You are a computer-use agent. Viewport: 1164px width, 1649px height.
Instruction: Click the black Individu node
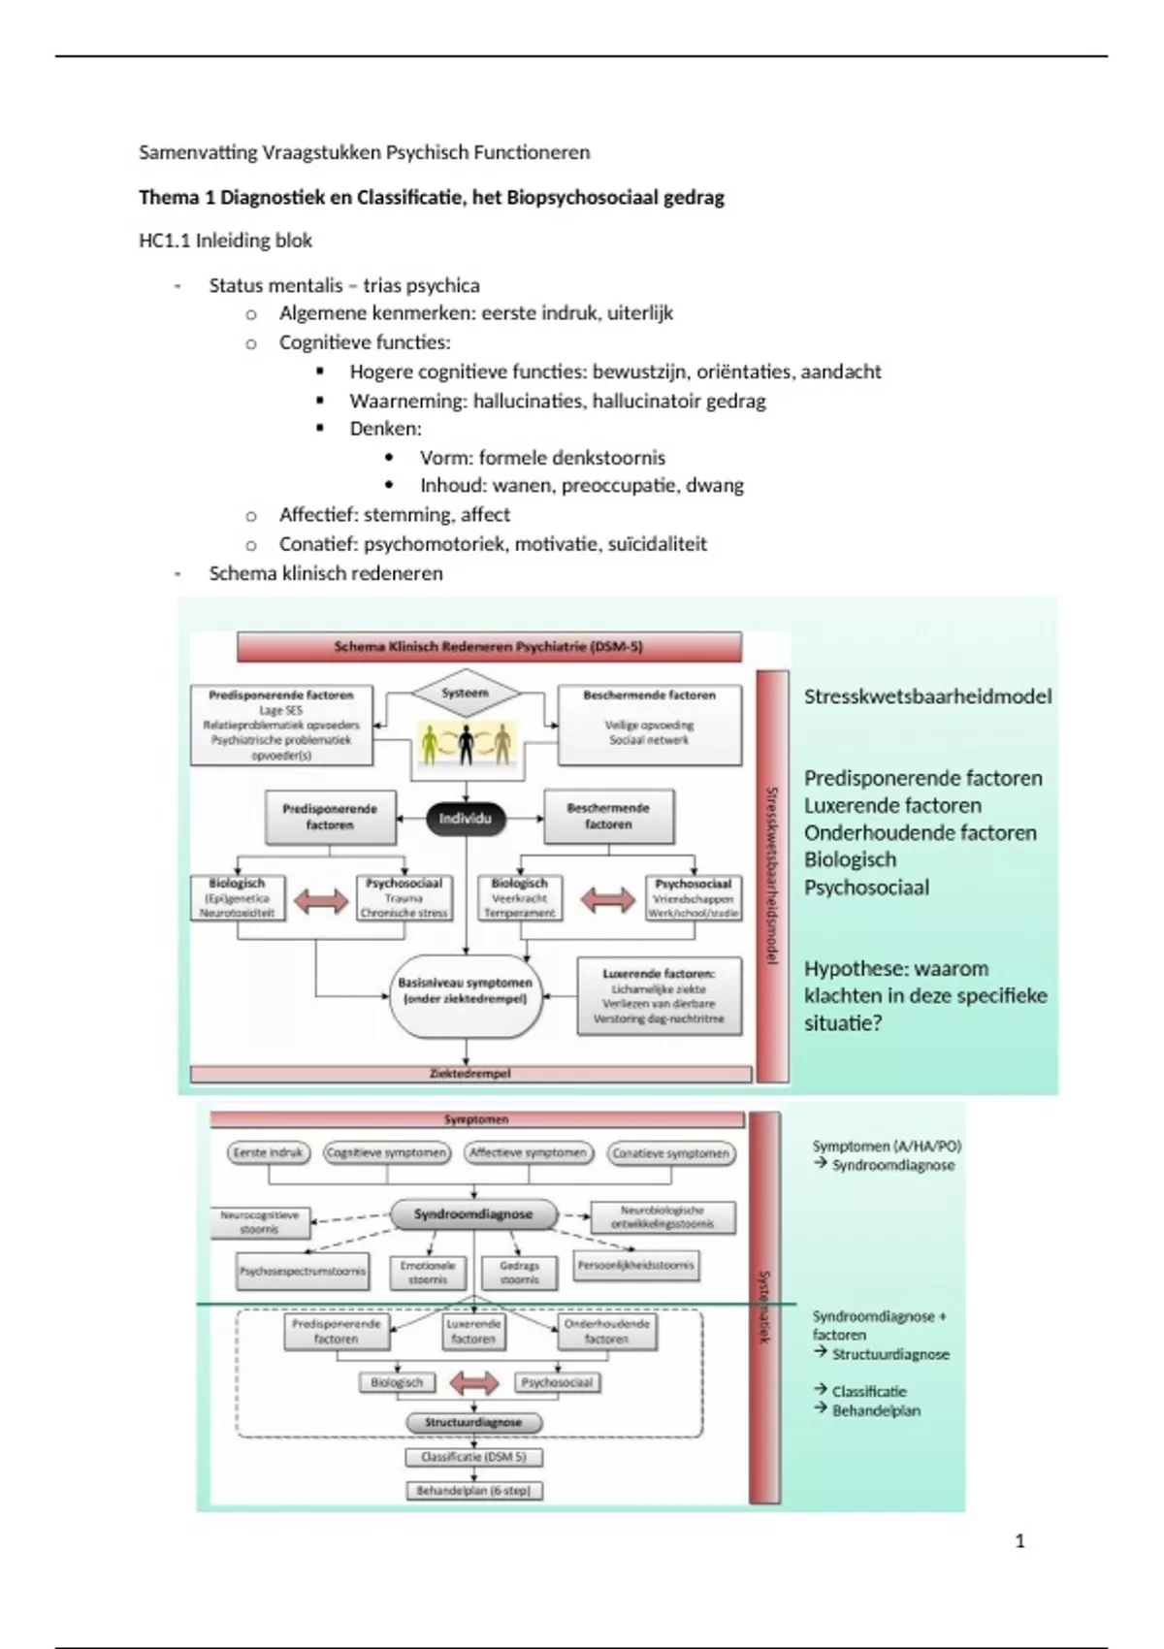[x=466, y=819]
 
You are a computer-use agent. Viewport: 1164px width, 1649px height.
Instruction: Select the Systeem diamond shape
[x=466, y=694]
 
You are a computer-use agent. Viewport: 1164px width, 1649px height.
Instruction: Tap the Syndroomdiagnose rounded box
[x=473, y=1213]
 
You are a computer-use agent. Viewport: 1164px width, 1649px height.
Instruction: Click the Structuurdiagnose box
[x=473, y=1422]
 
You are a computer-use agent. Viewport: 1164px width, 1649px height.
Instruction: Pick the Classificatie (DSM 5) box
[x=473, y=1457]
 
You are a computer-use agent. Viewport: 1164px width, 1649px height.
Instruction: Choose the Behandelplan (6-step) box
[x=473, y=1490]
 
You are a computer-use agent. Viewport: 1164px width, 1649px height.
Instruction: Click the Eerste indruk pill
[x=269, y=1152]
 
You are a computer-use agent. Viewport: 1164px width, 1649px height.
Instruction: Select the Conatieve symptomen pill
[x=671, y=1153]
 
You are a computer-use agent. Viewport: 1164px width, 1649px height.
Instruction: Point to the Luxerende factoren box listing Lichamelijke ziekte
[x=659, y=996]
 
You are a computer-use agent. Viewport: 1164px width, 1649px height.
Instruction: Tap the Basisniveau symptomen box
[x=466, y=991]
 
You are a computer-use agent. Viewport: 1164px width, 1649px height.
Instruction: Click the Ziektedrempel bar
[x=470, y=1074]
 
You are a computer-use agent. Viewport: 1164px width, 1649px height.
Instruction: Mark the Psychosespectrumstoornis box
[x=304, y=1271]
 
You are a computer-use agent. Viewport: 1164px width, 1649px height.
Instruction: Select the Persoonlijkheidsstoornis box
[x=636, y=1265]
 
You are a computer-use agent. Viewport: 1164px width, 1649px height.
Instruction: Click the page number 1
[x=1019, y=1541]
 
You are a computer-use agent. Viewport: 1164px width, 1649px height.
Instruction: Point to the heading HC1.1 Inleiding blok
[x=225, y=241]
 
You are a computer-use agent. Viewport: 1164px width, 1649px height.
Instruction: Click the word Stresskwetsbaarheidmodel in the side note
[x=927, y=696]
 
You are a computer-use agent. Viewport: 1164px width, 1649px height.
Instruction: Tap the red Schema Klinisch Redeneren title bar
[x=489, y=647]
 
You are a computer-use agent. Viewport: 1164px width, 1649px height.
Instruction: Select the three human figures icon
[x=466, y=745]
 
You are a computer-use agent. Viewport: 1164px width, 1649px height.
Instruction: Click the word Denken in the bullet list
[x=385, y=429]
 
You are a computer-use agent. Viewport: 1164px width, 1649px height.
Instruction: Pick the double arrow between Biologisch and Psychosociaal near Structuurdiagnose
[x=474, y=1382]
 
